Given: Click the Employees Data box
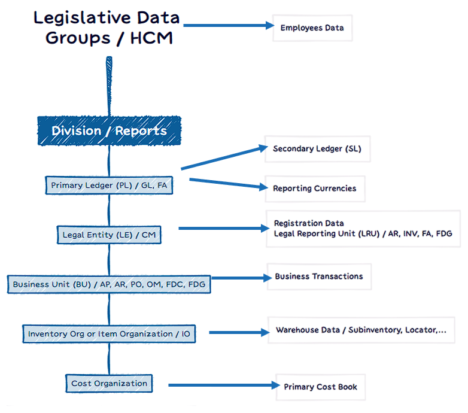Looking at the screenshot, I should tap(312, 28).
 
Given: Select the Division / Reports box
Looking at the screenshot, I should tap(109, 131).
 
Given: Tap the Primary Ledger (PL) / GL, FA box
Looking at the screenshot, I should tap(109, 186).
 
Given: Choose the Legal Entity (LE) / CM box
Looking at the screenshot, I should tap(109, 235).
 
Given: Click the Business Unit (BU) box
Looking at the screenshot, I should tap(109, 284).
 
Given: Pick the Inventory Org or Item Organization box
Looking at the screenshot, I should tap(109, 334).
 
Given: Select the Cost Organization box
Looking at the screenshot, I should tap(109, 384).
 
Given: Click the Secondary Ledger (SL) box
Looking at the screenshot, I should tap(317, 148).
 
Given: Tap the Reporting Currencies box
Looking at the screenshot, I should tap(314, 189).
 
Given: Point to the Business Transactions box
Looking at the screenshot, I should tap(319, 277).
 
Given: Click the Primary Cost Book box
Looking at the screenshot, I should tap(320, 387).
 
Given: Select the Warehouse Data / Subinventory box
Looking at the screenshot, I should tap(361, 330).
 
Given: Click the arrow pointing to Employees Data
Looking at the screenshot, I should tap(227, 26).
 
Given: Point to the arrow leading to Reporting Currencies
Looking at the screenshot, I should tap(227, 183).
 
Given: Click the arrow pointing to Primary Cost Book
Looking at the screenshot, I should tap(221, 385).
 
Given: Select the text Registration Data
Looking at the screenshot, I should tap(309, 223).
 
